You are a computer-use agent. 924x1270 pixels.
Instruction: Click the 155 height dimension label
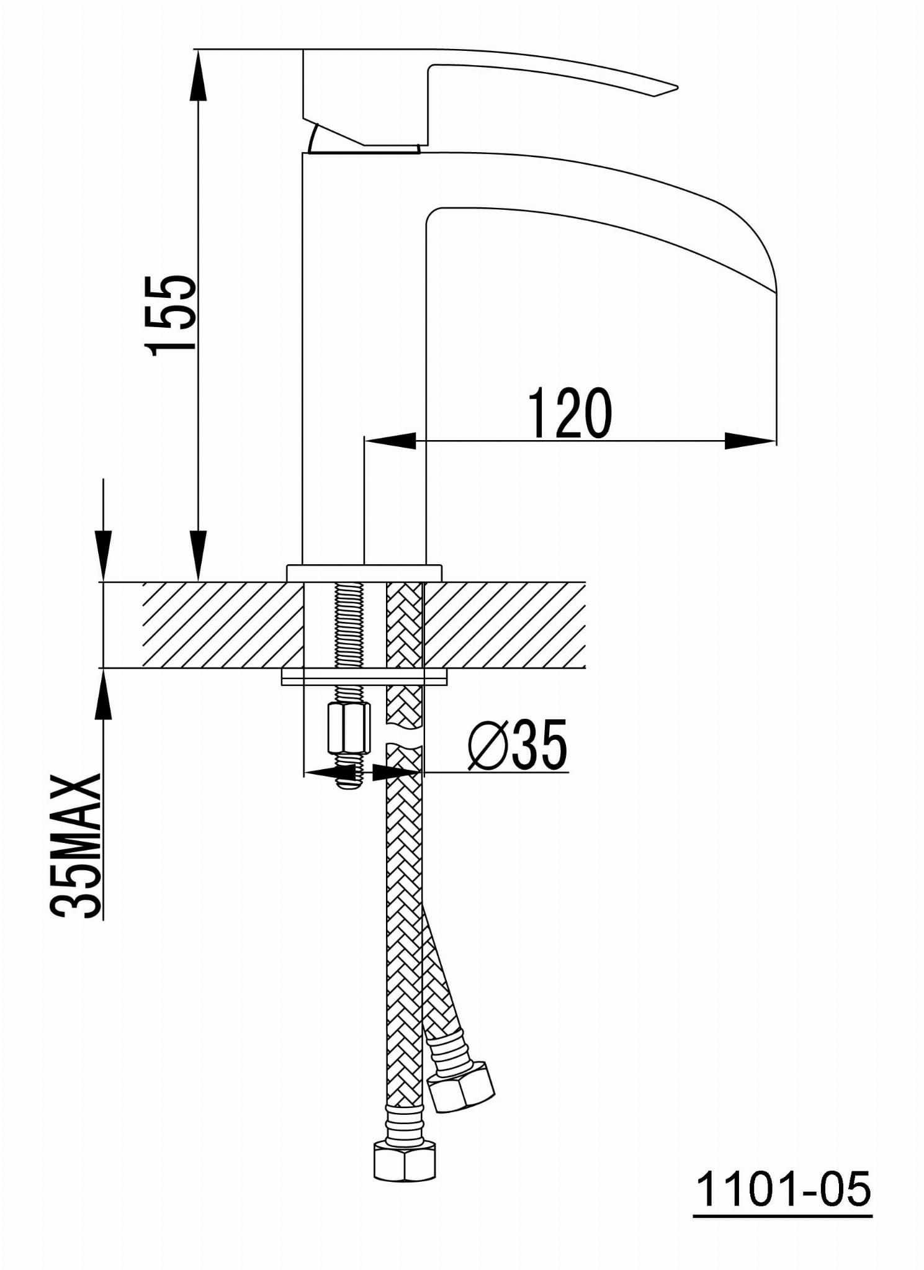click(171, 316)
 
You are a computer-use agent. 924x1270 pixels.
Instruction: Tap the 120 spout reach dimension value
click(570, 413)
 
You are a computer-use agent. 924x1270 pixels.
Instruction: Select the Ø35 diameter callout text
click(518, 744)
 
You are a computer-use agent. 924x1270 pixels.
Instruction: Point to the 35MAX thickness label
click(75, 845)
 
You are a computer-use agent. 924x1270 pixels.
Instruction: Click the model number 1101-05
click(783, 1189)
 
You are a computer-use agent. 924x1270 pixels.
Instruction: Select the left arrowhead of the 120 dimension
click(390, 441)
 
